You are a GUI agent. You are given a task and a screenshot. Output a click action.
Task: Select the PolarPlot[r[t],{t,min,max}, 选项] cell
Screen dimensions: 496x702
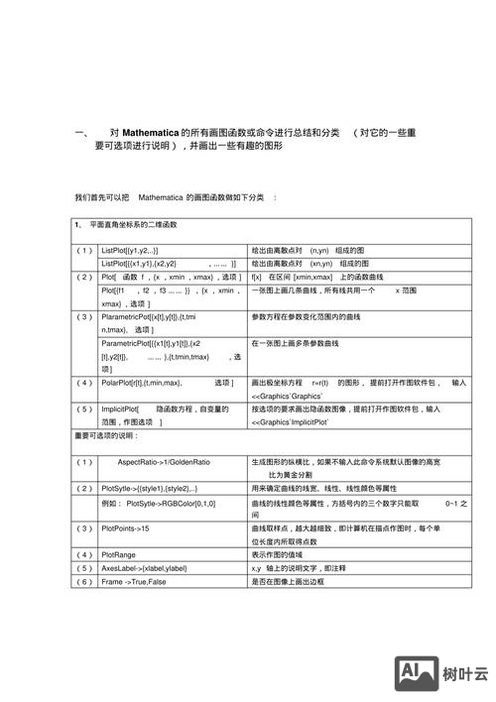[167, 382]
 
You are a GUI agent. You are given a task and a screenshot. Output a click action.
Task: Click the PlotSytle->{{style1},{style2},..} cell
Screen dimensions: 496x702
[156, 488]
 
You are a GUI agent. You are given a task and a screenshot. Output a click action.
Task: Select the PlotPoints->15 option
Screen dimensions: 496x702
[125, 528]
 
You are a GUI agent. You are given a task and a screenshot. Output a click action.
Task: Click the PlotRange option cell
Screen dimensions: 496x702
[119, 554]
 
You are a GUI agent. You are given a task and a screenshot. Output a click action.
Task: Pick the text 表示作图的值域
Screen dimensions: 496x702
[283, 554]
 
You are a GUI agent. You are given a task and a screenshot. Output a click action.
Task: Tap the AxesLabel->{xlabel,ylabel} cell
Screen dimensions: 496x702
[144, 568]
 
